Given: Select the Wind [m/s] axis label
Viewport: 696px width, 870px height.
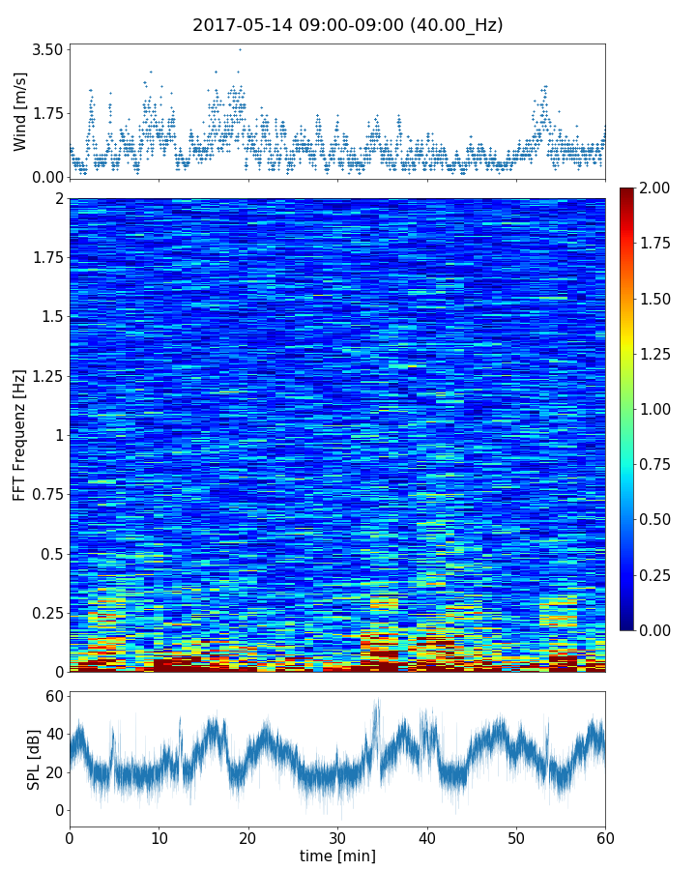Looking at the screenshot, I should (x=20, y=113).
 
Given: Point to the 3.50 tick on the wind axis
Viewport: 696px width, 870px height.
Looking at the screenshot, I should (x=47, y=49).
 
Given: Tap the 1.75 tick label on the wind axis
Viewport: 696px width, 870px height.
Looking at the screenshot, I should (x=47, y=113).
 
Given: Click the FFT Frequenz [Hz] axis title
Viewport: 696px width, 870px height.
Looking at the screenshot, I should (x=20, y=435).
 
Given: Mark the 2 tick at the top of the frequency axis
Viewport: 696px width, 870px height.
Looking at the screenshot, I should (x=59, y=198).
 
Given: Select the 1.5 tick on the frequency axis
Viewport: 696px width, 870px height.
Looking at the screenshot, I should (x=51, y=317).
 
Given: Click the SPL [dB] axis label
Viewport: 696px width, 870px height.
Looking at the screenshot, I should (x=35, y=759).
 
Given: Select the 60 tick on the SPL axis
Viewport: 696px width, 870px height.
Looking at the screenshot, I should (x=54, y=696).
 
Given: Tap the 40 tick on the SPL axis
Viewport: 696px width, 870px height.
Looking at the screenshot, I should (x=54, y=734).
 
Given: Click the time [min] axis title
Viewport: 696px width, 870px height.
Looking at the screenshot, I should (x=337, y=855).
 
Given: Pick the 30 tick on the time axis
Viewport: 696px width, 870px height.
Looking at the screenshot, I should (x=337, y=836).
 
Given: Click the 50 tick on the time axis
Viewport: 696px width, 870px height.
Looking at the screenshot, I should (x=516, y=836).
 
